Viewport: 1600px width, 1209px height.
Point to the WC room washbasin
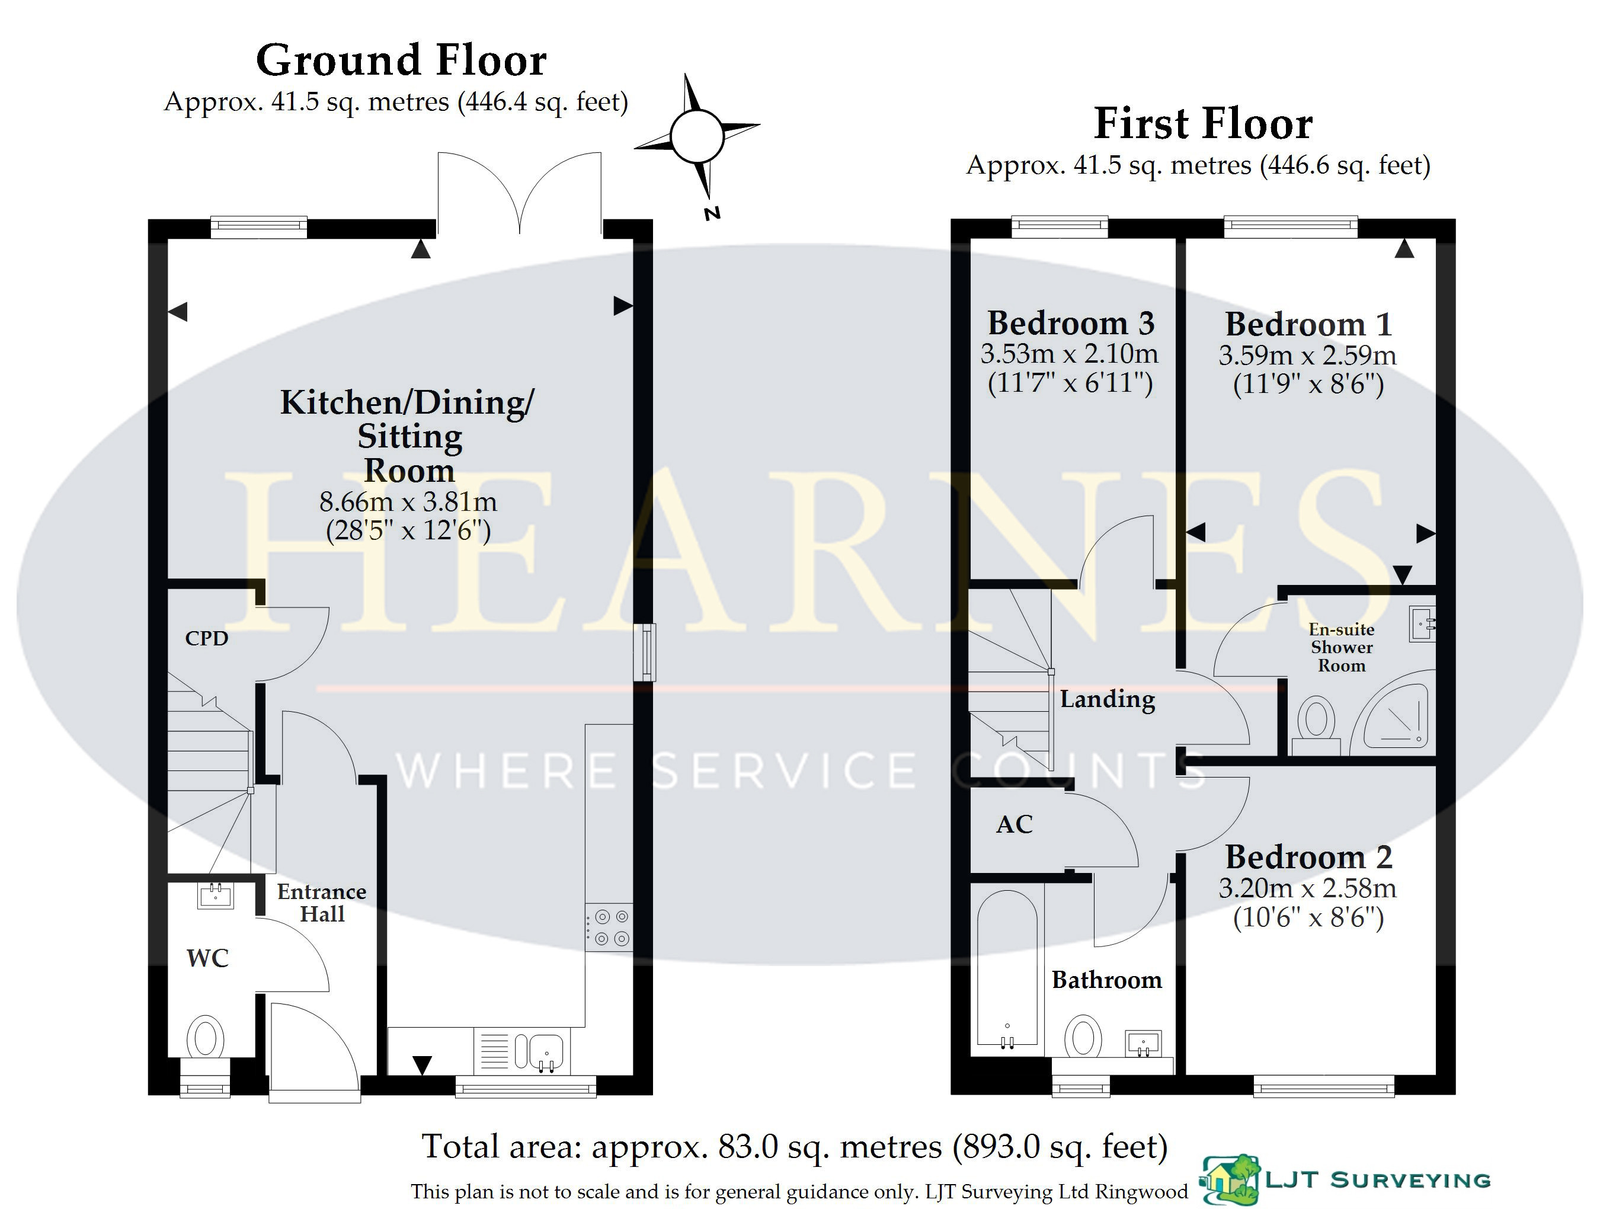coord(215,895)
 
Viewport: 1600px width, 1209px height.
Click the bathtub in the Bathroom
coord(1007,971)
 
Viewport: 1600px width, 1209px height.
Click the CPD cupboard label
coord(207,638)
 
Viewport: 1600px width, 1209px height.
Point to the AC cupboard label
coord(1014,824)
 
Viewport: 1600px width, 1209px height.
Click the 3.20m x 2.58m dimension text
coord(1307,888)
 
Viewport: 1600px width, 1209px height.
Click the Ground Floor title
coord(401,60)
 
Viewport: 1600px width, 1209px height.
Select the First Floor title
coord(1203,124)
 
